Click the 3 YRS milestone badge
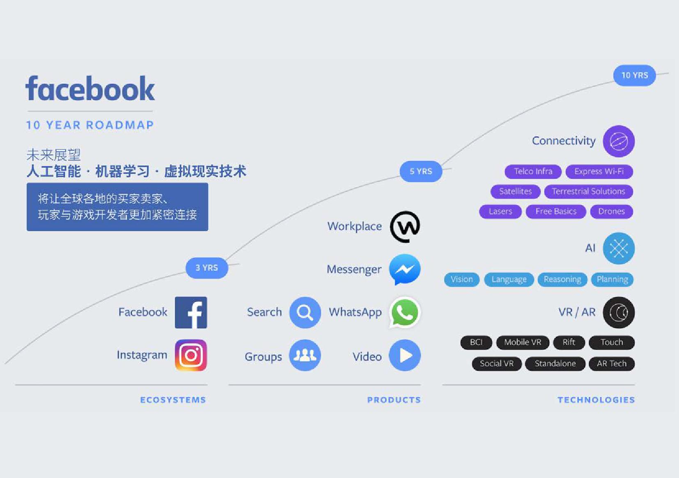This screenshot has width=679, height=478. tap(206, 268)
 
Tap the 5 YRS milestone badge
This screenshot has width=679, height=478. tap(421, 171)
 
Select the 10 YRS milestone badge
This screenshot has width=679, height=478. tap(634, 75)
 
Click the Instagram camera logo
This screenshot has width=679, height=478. tap(191, 355)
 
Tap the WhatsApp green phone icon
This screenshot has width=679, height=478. tap(405, 313)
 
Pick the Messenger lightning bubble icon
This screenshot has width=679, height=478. tap(405, 269)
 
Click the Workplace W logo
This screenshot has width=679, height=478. tap(405, 226)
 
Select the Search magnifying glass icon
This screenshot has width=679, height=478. tap(305, 313)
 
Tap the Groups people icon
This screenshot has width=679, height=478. tap(305, 355)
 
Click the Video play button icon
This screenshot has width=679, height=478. tap(405, 355)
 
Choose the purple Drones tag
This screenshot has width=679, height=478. tap(611, 211)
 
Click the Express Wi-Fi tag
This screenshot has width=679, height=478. tap(599, 172)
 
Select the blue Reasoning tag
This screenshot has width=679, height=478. tap(562, 279)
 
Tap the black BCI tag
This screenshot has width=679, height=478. tap(476, 342)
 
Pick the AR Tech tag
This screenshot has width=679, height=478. tap(611, 364)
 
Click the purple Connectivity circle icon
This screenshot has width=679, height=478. tap(619, 141)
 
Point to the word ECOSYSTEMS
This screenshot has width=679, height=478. tap(173, 400)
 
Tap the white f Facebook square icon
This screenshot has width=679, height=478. tap(191, 313)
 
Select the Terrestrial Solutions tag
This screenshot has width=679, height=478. tap(588, 192)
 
